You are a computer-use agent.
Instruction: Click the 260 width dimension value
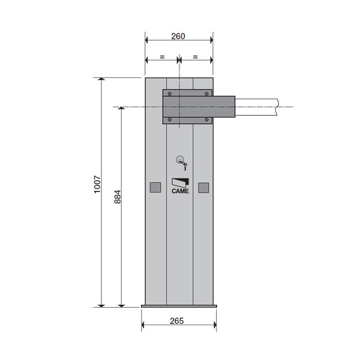coord(178,36)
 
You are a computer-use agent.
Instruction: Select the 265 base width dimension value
coord(177,321)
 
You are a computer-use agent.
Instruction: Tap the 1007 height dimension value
coord(97,185)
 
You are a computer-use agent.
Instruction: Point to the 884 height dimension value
coord(118,197)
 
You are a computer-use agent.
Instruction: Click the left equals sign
coord(162,57)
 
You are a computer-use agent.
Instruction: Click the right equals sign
coord(196,57)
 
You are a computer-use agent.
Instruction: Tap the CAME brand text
coord(180,191)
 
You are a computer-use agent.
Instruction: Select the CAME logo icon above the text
coord(180,183)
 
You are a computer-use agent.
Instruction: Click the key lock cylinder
coord(179,160)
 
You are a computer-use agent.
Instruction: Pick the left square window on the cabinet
coord(155,188)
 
